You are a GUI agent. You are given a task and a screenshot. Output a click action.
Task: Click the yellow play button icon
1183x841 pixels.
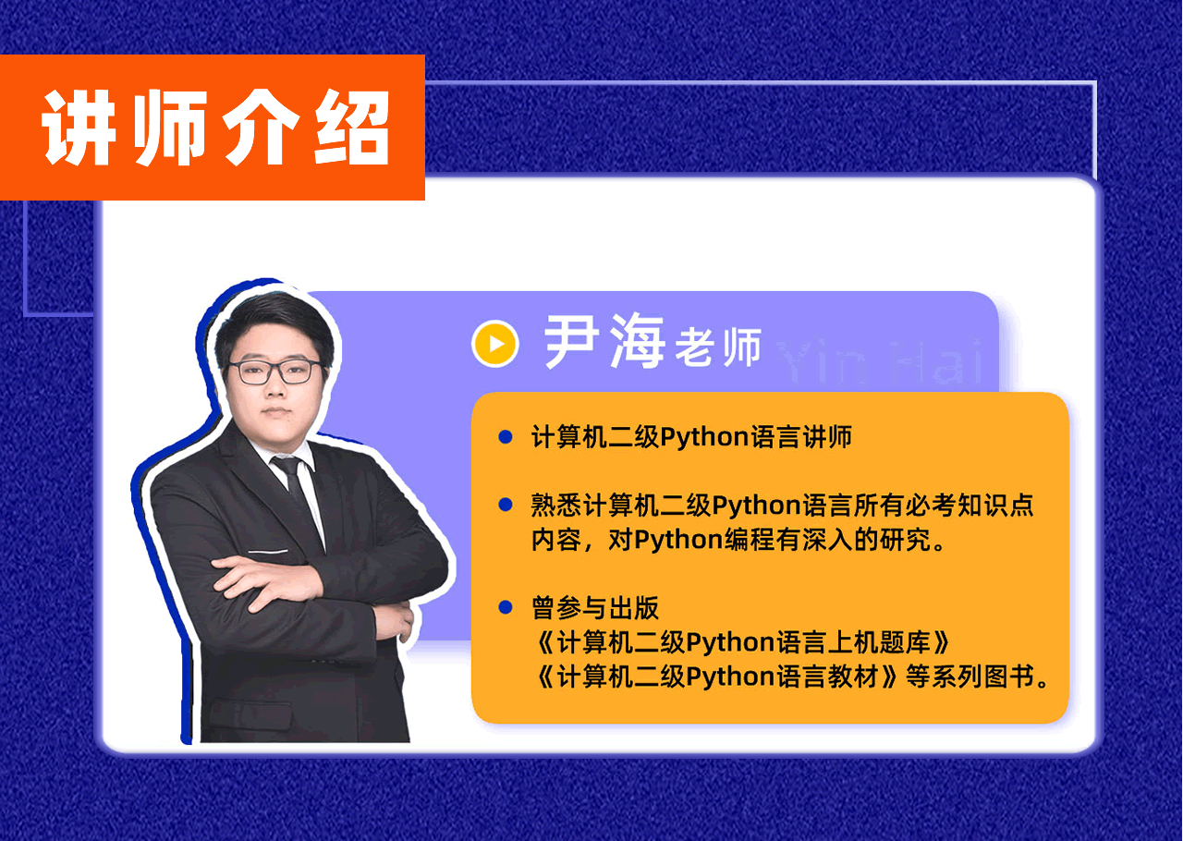tap(494, 344)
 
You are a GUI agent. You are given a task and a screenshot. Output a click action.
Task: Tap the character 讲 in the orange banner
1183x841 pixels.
tap(79, 128)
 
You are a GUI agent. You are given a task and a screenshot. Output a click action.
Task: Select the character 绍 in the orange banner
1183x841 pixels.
tap(352, 128)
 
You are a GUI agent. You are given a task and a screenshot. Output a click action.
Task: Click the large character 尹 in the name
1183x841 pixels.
tap(571, 342)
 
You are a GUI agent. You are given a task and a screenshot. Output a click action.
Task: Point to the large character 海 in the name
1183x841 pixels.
tap(637, 341)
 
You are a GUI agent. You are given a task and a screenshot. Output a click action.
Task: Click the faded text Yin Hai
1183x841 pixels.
tap(880, 362)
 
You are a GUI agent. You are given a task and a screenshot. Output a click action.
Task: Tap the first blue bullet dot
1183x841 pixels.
tap(506, 437)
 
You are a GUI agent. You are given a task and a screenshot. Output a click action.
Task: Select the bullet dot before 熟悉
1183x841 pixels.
tap(506, 505)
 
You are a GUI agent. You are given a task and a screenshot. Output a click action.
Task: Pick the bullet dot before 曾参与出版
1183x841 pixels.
tap(506, 607)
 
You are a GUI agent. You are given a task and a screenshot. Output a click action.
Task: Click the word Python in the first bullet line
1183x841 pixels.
tap(705, 438)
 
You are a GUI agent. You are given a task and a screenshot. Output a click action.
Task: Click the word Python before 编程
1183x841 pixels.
tap(678, 541)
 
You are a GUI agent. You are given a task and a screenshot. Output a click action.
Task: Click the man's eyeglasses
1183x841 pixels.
tap(275, 372)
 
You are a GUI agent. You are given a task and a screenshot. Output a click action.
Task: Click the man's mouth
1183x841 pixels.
tap(276, 411)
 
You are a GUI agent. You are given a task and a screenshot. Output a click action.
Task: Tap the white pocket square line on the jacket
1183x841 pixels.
tap(268, 552)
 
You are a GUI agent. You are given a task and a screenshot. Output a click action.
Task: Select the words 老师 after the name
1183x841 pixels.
tap(718, 347)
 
